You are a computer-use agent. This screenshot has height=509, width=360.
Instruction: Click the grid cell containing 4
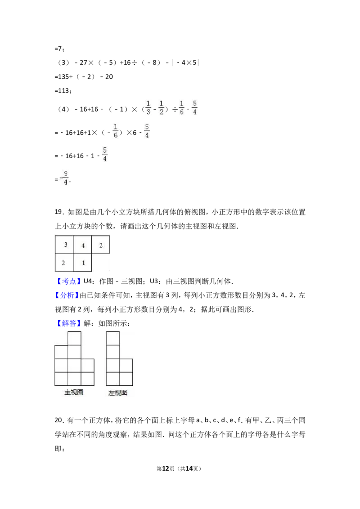pos(82,245)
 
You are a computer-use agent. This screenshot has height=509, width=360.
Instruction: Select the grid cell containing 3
pos(64,245)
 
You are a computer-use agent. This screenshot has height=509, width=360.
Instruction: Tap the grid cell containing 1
pos(82,262)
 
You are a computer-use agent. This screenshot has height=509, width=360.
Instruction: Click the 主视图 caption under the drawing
pos(74,392)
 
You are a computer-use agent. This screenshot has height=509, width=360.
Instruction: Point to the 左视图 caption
pos(117,393)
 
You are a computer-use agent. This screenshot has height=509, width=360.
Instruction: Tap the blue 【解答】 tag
pos(68,323)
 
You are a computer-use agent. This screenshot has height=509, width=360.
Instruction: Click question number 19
pos(59,212)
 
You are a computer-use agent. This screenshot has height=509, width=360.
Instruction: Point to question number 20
pos(59,420)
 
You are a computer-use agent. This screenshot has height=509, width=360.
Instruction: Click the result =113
pos(63,91)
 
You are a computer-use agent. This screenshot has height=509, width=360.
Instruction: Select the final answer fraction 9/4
pos(65,178)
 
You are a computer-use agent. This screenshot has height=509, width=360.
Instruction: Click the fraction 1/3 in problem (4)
pos(148,107)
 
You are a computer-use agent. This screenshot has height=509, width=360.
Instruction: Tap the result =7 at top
pos(59,49)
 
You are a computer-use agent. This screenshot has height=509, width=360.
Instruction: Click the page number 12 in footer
pos(166,469)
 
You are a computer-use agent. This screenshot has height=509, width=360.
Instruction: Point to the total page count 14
pos(189,469)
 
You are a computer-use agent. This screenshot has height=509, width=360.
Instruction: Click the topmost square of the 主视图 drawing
pos(74,339)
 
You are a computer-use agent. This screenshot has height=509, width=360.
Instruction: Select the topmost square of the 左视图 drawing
pos(113,339)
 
